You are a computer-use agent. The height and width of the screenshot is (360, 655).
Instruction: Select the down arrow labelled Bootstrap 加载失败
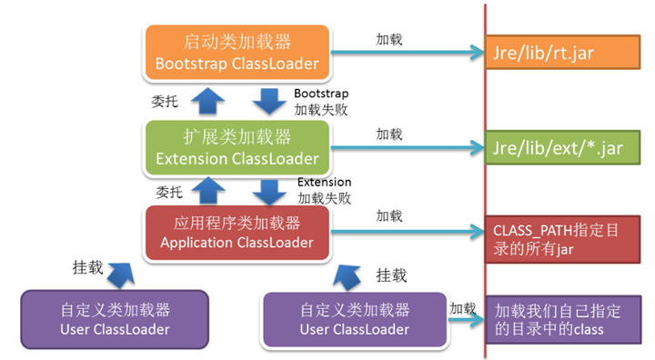click(268, 101)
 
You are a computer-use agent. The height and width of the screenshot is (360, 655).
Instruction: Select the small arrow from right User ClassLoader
click(465, 320)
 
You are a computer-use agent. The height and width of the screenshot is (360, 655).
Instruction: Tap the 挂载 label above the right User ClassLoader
click(391, 275)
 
